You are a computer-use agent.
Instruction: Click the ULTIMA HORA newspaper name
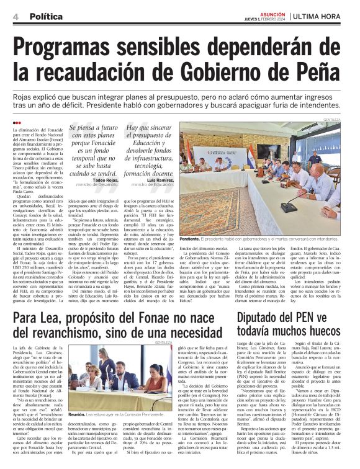point(320,16)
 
